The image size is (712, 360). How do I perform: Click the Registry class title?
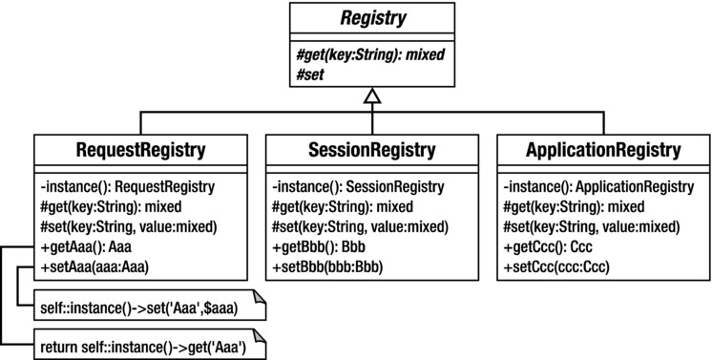(368, 16)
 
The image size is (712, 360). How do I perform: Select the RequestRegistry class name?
(141, 150)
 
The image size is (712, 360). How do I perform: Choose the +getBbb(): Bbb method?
(313, 246)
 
